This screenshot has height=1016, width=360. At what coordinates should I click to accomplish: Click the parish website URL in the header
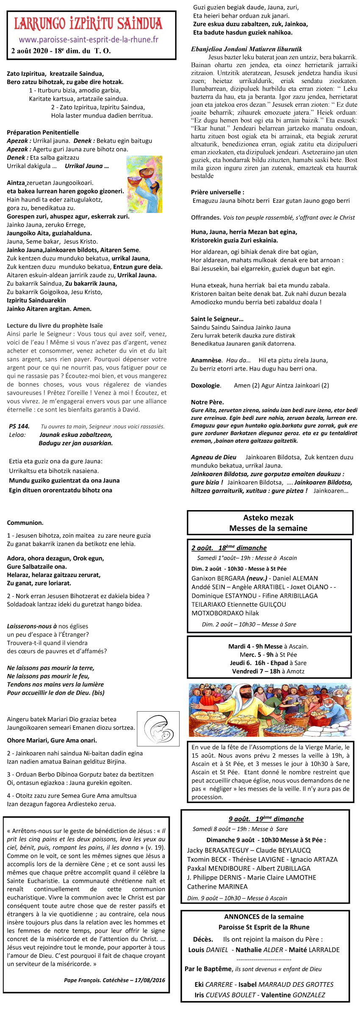click(89, 40)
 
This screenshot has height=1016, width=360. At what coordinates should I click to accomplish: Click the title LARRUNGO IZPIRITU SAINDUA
click(89, 24)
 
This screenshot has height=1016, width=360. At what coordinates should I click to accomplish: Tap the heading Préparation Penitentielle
click(43, 133)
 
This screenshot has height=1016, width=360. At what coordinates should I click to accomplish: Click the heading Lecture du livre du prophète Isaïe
click(55, 326)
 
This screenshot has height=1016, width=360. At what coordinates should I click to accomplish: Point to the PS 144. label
click(19, 426)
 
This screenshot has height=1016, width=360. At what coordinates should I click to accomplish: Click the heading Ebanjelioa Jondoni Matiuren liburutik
click(246, 49)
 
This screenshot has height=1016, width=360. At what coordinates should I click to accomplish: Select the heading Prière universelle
click(218, 192)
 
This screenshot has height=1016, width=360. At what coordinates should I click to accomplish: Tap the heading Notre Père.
click(208, 402)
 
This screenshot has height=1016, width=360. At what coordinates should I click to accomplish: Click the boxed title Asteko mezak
click(268, 517)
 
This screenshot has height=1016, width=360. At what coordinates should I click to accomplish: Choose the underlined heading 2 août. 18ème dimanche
click(229, 548)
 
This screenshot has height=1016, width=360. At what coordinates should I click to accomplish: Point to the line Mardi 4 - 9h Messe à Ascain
click(268, 646)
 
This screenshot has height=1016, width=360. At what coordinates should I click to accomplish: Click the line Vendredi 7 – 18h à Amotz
click(268, 671)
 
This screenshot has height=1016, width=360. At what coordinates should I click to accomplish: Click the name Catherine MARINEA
click(217, 886)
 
